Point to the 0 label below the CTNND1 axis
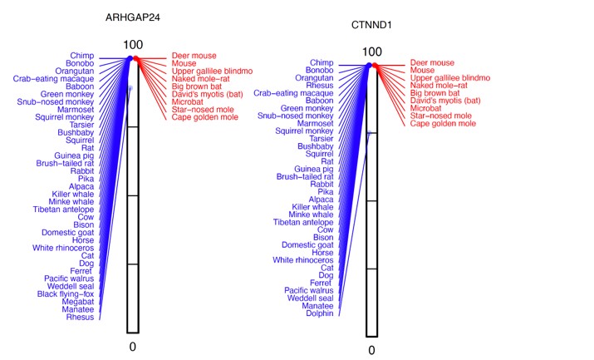[371, 350]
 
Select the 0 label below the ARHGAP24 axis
[132, 344]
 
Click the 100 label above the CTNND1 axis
[372, 52]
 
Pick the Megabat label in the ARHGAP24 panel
[76, 301]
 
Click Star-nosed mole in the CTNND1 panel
[442, 116]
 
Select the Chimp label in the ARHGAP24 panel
[81, 56]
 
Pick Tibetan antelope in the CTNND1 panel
[303, 222]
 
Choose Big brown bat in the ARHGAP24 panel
[196, 86]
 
